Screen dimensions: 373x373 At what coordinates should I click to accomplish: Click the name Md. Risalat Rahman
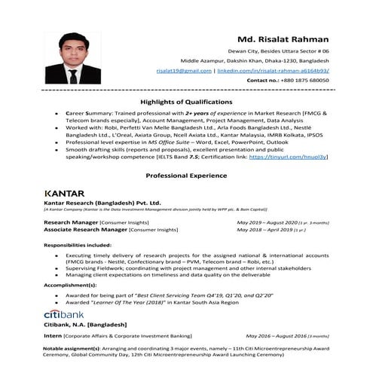tap(284, 39)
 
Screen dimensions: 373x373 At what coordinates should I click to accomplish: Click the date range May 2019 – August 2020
tap(268, 223)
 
